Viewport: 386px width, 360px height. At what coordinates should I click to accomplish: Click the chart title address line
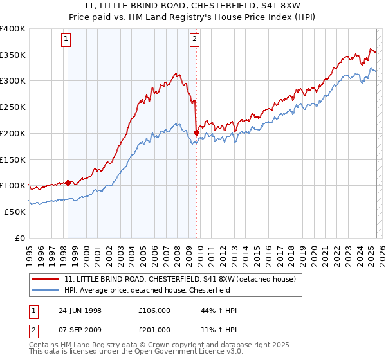(192, 6)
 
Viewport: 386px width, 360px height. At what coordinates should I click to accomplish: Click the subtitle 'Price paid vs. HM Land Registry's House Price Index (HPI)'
(192, 17)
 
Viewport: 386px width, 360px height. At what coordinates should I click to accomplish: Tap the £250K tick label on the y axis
(13, 107)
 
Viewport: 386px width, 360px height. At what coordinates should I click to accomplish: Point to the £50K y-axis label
(15, 212)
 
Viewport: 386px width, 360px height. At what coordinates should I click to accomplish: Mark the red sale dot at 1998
(68, 183)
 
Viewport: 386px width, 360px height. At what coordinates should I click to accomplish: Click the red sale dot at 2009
(196, 133)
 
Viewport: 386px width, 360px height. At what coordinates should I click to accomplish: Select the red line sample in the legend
(46, 279)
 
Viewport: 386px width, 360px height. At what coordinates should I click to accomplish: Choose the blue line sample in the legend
(46, 289)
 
